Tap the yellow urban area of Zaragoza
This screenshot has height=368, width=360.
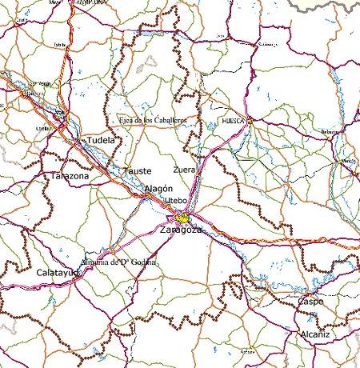click(184, 218)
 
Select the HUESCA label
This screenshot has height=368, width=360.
click(233, 122)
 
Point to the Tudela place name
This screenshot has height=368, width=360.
click(100, 139)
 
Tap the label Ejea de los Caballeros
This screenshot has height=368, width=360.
click(153, 120)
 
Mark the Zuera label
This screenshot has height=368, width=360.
click(184, 170)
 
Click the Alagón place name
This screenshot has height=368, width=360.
click(158, 187)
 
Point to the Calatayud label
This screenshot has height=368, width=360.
click(58, 273)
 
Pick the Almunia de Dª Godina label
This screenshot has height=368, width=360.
click(117, 262)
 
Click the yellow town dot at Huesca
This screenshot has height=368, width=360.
click(250, 121)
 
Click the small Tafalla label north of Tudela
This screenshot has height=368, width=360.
click(58, 45)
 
